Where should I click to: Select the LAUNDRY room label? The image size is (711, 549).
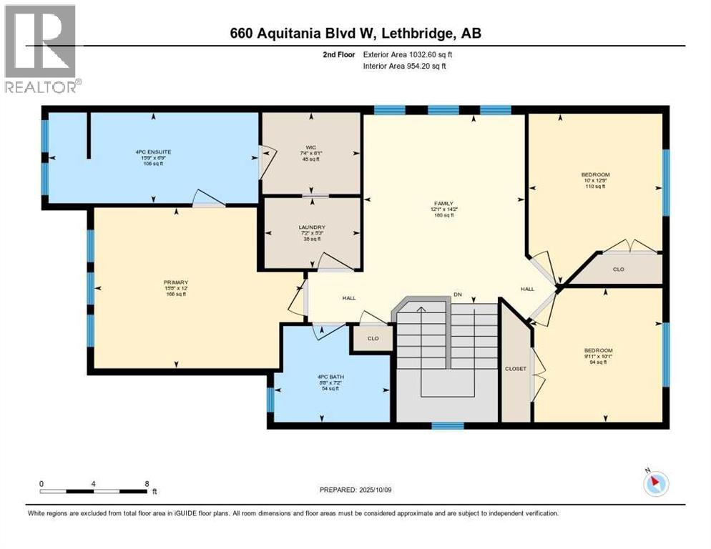[x=312, y=228]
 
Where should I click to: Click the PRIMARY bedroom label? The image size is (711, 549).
[x=176, y=282]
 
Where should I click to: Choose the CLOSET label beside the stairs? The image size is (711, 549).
[x=515, y=369]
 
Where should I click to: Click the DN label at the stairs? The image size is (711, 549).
[x=458, y=294]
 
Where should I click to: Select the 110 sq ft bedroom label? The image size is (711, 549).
[x=595, y=174]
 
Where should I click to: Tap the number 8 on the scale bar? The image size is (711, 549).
[x=147, y=484]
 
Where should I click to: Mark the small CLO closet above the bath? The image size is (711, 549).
[x=372, y=339]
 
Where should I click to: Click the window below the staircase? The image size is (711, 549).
[x=447, y=426]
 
